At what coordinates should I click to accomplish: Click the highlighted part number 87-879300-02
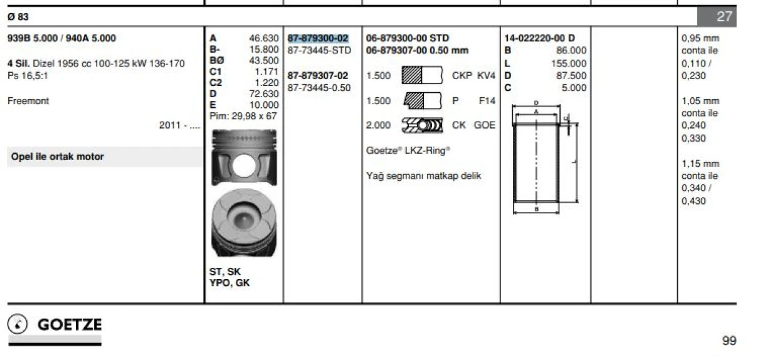tap(318, 38)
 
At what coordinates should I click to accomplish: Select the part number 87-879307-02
tap(318, 76)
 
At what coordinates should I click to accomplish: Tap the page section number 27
tap(724, 17)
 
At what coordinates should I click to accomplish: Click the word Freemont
tap(28, 101)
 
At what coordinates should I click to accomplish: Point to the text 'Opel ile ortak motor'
tap(58, 157)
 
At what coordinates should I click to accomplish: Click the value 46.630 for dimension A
tap(263, 38)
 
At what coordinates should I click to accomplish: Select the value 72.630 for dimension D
tap(263, 94)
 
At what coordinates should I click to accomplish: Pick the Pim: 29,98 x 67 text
tap(243, 116)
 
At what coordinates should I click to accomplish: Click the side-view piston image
tap(243, 157)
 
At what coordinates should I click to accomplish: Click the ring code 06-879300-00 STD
tap(408, 38)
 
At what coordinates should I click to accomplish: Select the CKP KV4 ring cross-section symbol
tap(422, 76)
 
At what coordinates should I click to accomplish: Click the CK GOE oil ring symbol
tap(422, 125)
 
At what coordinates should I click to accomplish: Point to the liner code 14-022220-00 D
tap(539, 38)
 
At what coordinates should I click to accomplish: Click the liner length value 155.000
tap(569, 63)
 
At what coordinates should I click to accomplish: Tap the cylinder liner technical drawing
tap(543, 157)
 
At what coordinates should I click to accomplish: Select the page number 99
tap(729, 341)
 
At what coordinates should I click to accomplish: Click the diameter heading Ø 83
tap(18, 17)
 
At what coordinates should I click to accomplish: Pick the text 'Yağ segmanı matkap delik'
tap(424, 176)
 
